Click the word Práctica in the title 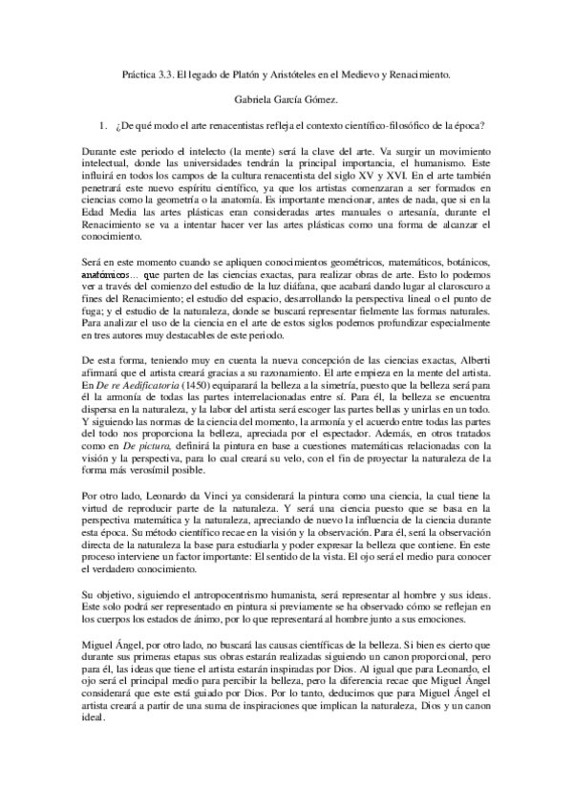(143, 72)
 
